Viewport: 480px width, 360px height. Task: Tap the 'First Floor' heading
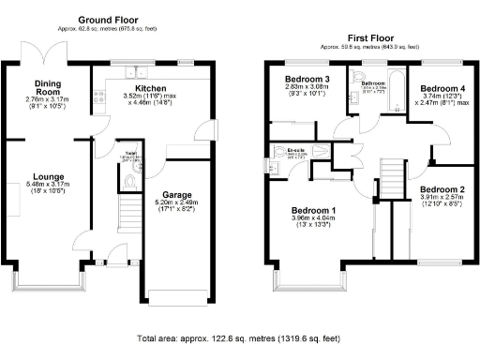pos(367,37)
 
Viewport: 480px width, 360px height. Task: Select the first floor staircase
pos(389,178)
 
